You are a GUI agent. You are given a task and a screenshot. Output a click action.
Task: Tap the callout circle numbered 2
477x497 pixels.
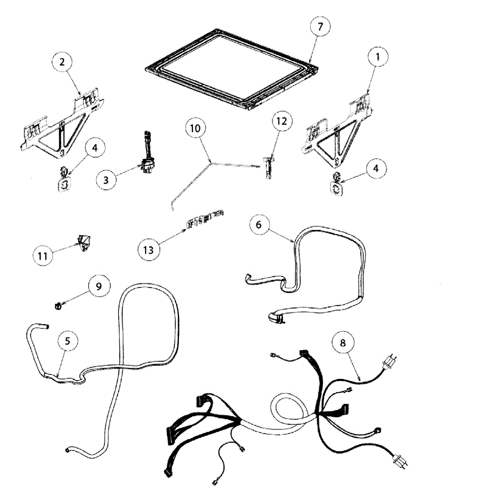(62, 63)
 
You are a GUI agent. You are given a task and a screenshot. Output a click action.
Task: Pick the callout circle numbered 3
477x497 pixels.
(107, 180)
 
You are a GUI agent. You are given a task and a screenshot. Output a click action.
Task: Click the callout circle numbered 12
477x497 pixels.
(281, 121)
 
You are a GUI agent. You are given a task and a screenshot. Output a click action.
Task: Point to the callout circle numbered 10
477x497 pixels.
(195, 128)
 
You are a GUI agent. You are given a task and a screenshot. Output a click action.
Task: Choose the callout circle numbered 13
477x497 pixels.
(148, 249)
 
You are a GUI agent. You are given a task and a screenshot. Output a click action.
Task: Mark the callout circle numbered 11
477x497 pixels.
(43, 256)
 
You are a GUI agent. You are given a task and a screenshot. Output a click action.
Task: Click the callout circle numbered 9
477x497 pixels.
(99, 286)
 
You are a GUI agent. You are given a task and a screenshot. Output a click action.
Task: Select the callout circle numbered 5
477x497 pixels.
(68, 341)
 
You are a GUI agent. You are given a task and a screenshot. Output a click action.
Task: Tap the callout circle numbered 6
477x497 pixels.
(259, 224)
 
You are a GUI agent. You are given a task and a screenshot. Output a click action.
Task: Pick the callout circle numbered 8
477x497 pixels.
(342, 343)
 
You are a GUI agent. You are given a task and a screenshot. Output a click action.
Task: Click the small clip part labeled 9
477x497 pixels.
(58, 306)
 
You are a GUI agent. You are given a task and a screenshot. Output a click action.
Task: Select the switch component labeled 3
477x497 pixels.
(148, 162)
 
